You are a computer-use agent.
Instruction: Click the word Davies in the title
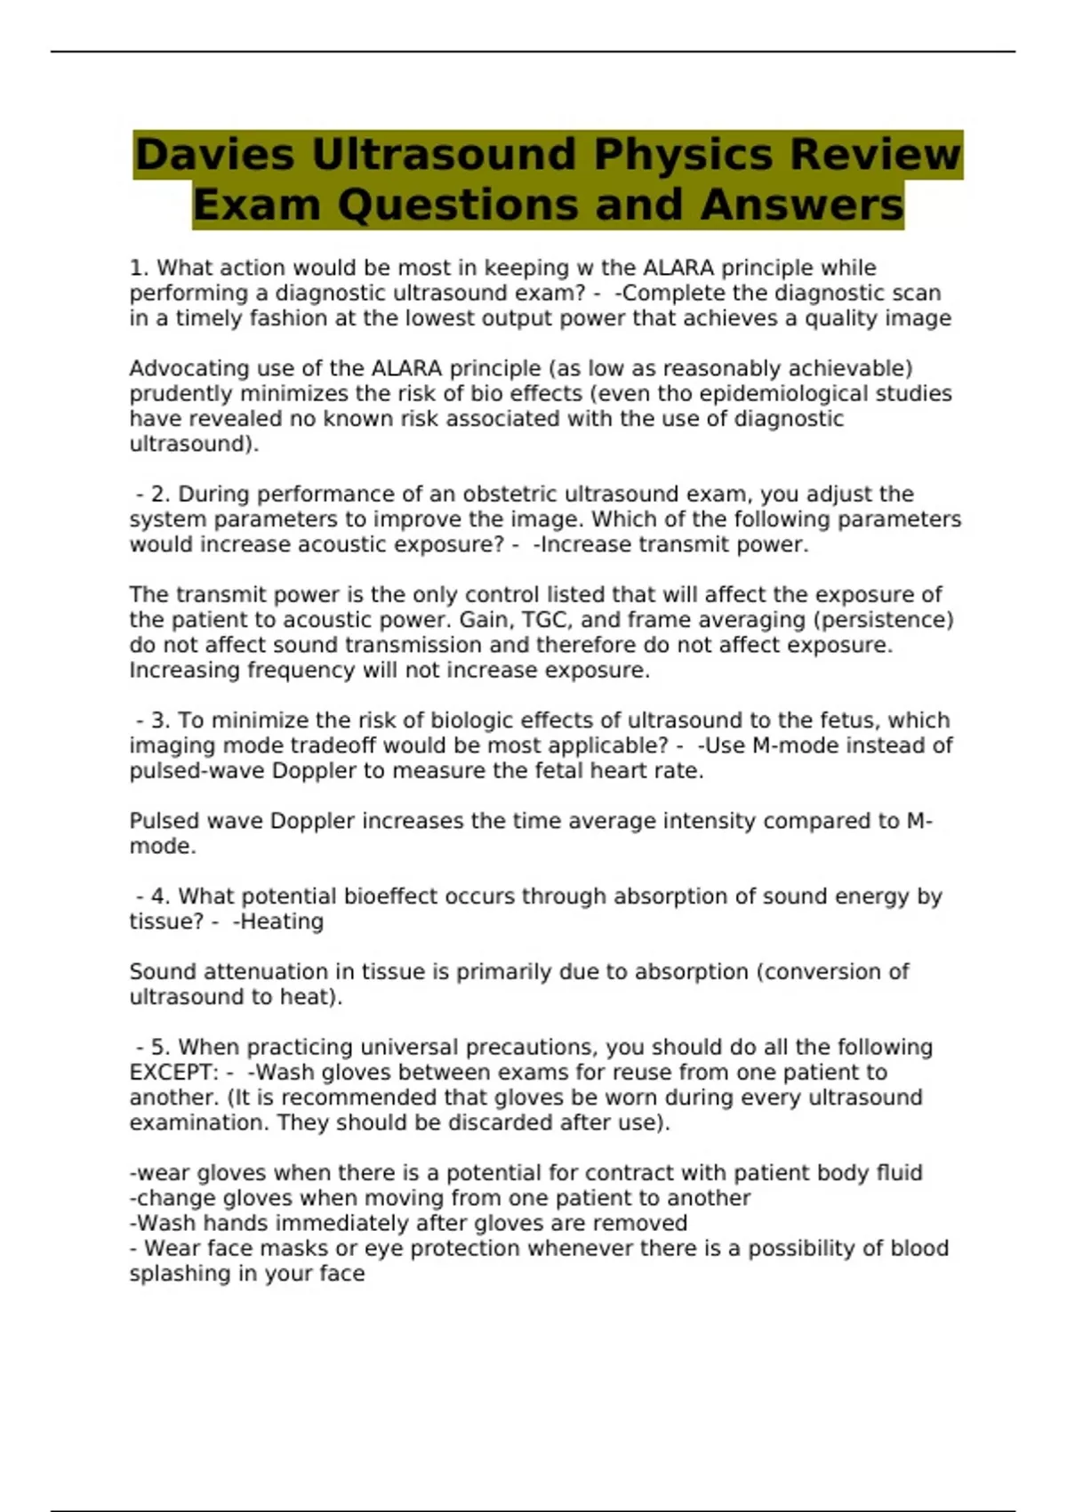click(213, 155)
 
